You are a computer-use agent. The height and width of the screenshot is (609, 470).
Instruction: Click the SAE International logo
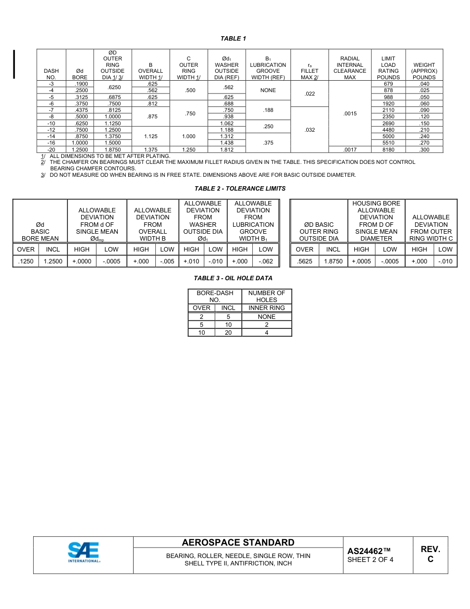pos(84,553)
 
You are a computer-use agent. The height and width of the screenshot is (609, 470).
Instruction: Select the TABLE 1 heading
pos(233,39)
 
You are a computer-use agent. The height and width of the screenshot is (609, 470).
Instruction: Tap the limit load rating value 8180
pos(388,150)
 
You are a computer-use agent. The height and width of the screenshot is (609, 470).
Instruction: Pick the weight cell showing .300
pos(424,150)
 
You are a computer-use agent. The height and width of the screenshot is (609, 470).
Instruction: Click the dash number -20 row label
pos(51,150)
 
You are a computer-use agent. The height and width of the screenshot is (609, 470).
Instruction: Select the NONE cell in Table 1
pos(268,91)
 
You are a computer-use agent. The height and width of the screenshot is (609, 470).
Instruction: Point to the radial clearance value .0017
pos(350,150)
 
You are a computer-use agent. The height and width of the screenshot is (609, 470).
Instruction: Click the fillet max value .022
pos(310,94)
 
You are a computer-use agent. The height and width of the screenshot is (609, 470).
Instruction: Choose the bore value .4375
pos(80,110)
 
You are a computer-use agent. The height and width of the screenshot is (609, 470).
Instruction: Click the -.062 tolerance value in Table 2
pos(266,261)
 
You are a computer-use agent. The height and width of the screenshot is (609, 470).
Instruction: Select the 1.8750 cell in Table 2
pos(333,261)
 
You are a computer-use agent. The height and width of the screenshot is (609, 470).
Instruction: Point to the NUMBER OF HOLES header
pos(267,296)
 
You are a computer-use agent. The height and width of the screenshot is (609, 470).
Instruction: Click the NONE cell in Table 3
pos(267,317)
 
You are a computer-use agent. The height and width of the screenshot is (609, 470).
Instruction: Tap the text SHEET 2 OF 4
pos(370,560)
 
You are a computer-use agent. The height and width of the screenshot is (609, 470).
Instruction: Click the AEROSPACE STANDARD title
pos(238,543)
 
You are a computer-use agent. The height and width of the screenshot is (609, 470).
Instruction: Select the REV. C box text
pos(430,554)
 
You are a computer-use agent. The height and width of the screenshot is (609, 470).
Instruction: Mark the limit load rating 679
pos(388,84)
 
